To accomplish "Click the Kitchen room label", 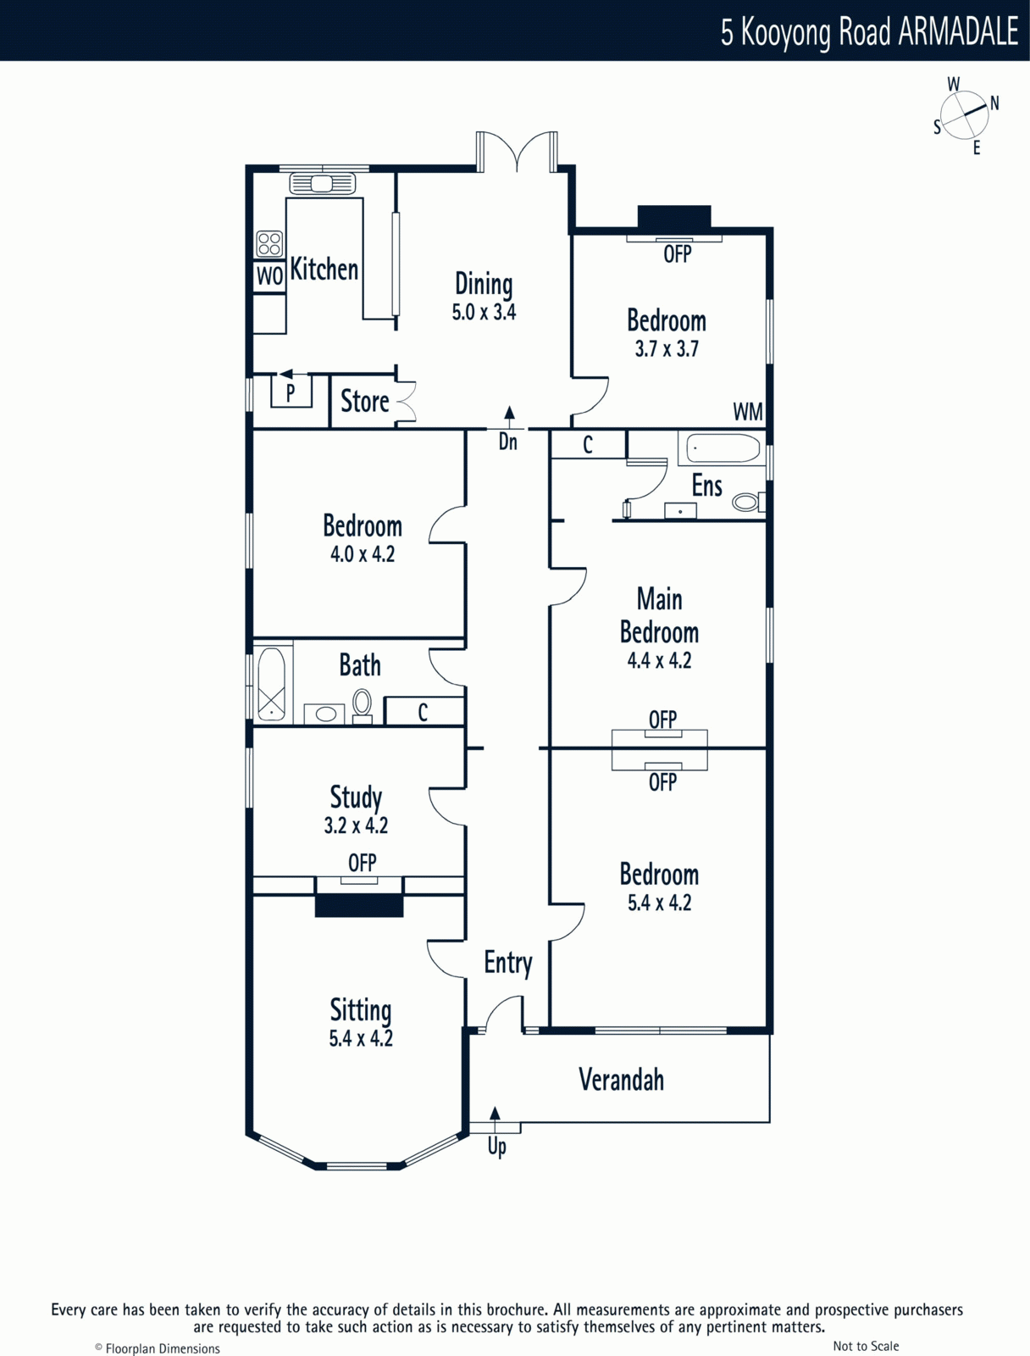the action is click(x=324, y=270).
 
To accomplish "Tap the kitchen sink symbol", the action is click(x=322, y=183).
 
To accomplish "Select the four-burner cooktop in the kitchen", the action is click(x=269, y=243).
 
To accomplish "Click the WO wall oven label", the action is click(x=269, y=276).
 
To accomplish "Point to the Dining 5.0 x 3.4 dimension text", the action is click(x=484, y=313).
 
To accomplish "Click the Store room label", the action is click(x=365, y=402).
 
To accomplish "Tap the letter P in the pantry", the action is click(x=291, y=392).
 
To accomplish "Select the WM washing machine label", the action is click(x=748, y=412).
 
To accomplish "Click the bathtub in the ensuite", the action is click(x=722, y=447).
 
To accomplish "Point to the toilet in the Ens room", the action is click(x=748, y=502).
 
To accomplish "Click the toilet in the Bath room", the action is click(x=363, y=706).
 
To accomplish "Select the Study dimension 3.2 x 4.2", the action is click(x=356, y=825).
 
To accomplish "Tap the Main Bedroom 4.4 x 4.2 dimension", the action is click(x=659, y=660).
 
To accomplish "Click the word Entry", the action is click(x=508, y=964).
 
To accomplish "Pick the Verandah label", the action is click(x=622, y=1080).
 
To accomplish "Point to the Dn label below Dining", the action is click(x=508, y=442).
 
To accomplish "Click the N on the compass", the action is click(x=994, y=103).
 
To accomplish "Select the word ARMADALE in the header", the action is click(x=958, y=31).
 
